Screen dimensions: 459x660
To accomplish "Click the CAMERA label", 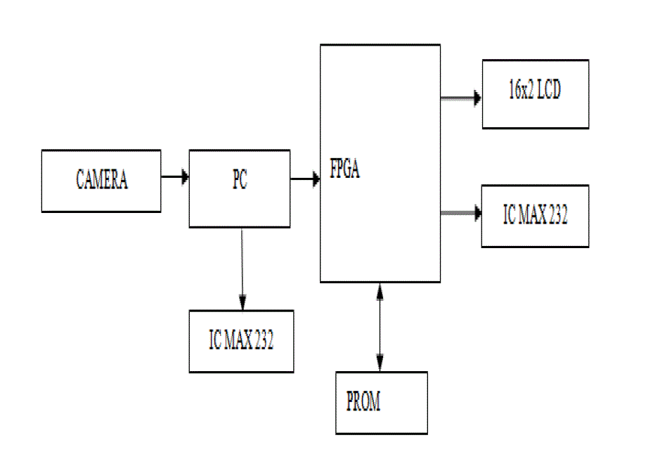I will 102,181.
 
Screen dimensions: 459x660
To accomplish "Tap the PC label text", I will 240,181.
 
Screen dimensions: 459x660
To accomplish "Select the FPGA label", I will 345,171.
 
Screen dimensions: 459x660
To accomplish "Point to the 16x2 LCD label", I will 535,91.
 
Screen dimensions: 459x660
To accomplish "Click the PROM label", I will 363,402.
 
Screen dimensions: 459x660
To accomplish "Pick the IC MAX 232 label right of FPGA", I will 535,216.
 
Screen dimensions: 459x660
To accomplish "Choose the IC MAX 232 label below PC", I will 241,341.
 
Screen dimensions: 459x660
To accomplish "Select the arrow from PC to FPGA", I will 304,179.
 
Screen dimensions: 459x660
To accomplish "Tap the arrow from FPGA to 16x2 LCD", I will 460,98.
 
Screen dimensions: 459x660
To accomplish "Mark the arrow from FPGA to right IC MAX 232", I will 460,213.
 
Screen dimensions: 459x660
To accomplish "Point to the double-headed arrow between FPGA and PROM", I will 380,327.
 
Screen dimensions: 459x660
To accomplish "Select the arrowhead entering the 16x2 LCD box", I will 477,98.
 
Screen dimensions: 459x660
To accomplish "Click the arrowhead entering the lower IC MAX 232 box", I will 242,304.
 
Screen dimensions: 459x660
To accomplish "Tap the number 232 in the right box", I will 557,216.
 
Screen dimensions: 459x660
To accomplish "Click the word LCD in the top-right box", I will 549,91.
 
